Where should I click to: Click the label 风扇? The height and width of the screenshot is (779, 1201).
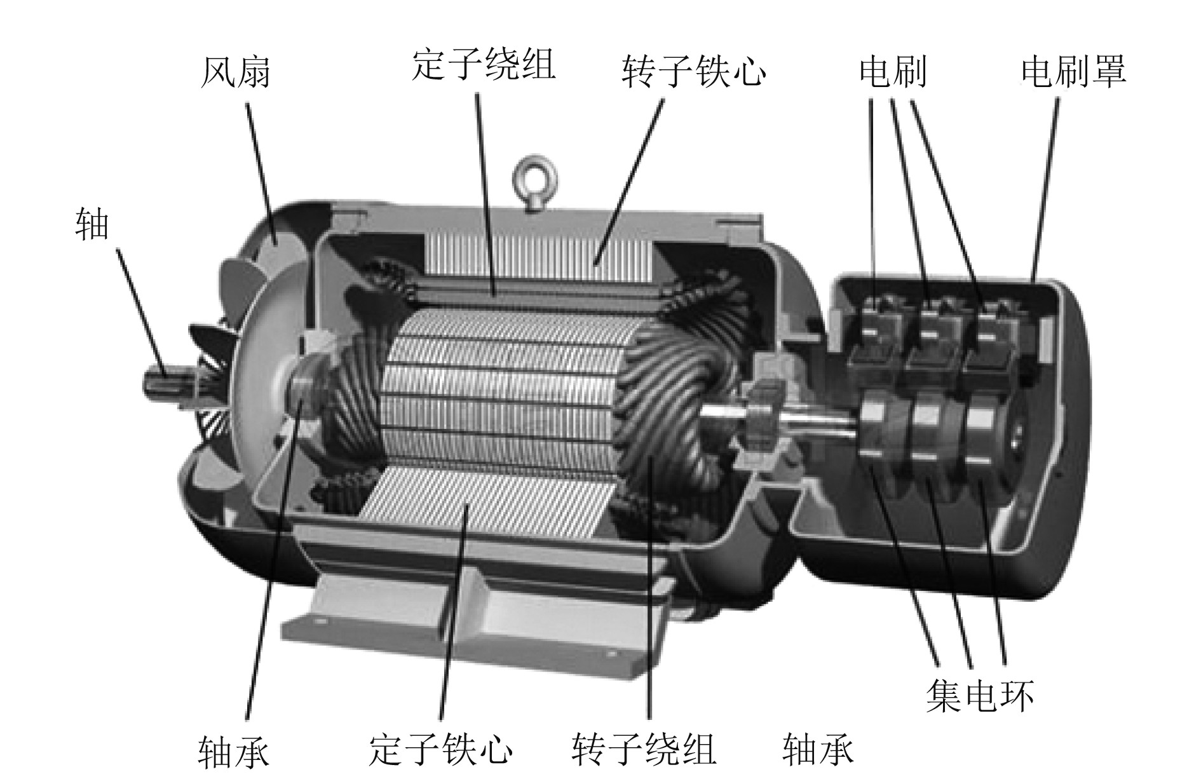click(235, 71)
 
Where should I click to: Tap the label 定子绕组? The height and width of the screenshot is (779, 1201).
click(484, 65)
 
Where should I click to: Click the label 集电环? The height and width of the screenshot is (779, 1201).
click(979, 696)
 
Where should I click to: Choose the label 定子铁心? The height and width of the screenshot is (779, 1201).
click(440, 750)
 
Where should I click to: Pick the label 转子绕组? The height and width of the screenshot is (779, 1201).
click(644, 750)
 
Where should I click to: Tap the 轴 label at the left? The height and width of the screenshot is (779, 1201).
click(92, 224)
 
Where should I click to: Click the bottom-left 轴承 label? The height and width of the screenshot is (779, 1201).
click(233, 752)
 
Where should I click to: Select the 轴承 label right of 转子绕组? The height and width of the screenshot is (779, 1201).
click(818, 750)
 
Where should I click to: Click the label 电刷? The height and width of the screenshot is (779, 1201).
click(892, 71)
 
